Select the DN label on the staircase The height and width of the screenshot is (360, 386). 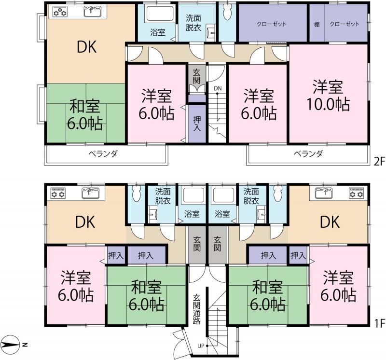coord(218,88)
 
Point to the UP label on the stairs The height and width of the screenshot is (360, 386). coord(200,346)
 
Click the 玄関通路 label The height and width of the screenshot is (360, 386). coord(197,308)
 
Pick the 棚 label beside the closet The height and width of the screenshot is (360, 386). coord(317,24)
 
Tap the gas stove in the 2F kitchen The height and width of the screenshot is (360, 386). coord(60,13)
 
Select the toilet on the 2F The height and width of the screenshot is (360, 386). coord(227,14)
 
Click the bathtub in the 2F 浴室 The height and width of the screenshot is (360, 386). coord(158,14)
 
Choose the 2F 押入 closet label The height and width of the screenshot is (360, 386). coord(197,124)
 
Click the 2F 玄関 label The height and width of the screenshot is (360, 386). coord(197,76)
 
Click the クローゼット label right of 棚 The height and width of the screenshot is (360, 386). coord(345,24)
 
